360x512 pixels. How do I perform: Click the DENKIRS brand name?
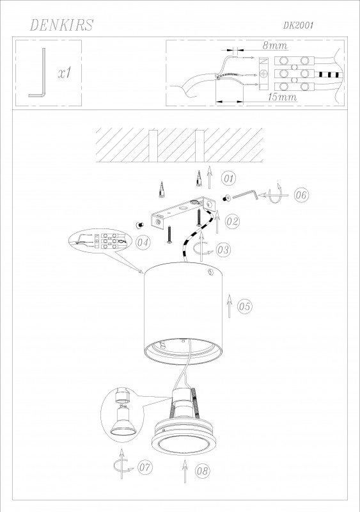[x=61, y=25]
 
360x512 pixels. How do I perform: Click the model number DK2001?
[x=298, y=26]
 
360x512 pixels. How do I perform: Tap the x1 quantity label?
[x=65, y=73]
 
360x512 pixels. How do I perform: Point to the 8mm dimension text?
[x=275, y=45]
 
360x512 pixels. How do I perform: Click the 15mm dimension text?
[x=283, y=97]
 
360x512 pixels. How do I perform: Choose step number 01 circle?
[x=228, y=179]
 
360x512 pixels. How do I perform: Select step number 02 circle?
[x=232, y=221]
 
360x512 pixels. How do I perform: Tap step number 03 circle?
[x=223, y=250]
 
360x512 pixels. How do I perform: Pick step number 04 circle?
[x=143, y=243]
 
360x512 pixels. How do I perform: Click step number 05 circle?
[x=244, y=307]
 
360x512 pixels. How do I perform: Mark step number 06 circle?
[x=301, y=195]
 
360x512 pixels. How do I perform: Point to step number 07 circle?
[x=145, y=467]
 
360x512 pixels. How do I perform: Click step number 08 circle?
[x=202, y=470]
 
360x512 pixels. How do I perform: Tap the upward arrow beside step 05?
[x=229, y=307]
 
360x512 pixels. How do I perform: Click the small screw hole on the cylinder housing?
[x=210, y=271]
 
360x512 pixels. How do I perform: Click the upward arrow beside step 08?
[x=185, y=471]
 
